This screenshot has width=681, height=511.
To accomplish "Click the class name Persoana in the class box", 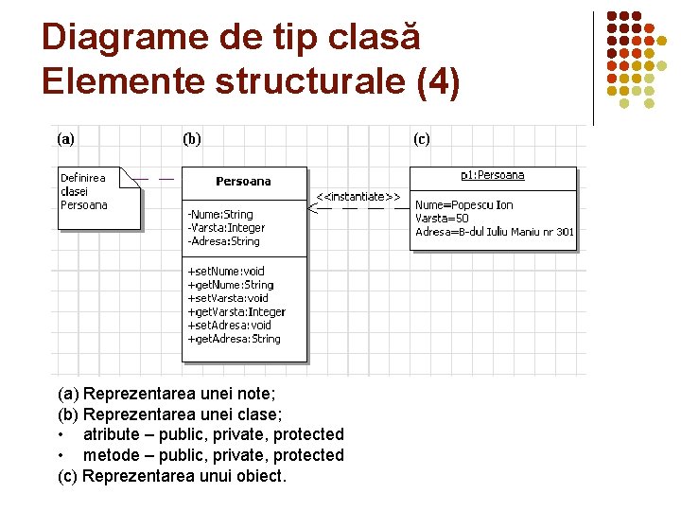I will tap(243, 181).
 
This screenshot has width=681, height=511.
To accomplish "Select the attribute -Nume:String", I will tap(219, 215).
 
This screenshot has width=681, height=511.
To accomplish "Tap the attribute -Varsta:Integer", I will tap(225, 228).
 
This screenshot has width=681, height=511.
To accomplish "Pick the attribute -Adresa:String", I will tap(222, 241).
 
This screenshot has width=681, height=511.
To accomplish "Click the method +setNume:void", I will tap(226, 272).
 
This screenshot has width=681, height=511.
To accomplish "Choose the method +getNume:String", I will tap(230, 285).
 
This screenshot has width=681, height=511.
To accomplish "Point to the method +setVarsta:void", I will tap(228, 298).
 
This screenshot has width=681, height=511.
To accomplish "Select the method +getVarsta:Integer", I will tap(236, 311).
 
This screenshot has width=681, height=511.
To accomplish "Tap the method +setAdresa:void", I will tap(229, 326).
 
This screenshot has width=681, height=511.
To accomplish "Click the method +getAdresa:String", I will tap(234, 339).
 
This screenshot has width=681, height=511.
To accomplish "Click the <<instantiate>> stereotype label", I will tap(358, 197).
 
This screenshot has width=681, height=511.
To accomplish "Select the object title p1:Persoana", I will tap(492, 175).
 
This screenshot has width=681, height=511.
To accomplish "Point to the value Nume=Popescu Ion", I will tap(463, 205).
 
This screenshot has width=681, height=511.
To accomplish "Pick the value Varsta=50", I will tap(442, 219).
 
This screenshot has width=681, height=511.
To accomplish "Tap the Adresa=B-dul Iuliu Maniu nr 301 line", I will tap(494, 232).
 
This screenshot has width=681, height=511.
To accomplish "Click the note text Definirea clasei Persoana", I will tap(84, 191).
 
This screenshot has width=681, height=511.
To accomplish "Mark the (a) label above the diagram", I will tap(66, 139).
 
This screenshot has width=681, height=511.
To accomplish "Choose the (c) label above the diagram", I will tap(421, 139).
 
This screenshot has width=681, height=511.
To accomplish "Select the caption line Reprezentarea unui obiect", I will tap(171, 476).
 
